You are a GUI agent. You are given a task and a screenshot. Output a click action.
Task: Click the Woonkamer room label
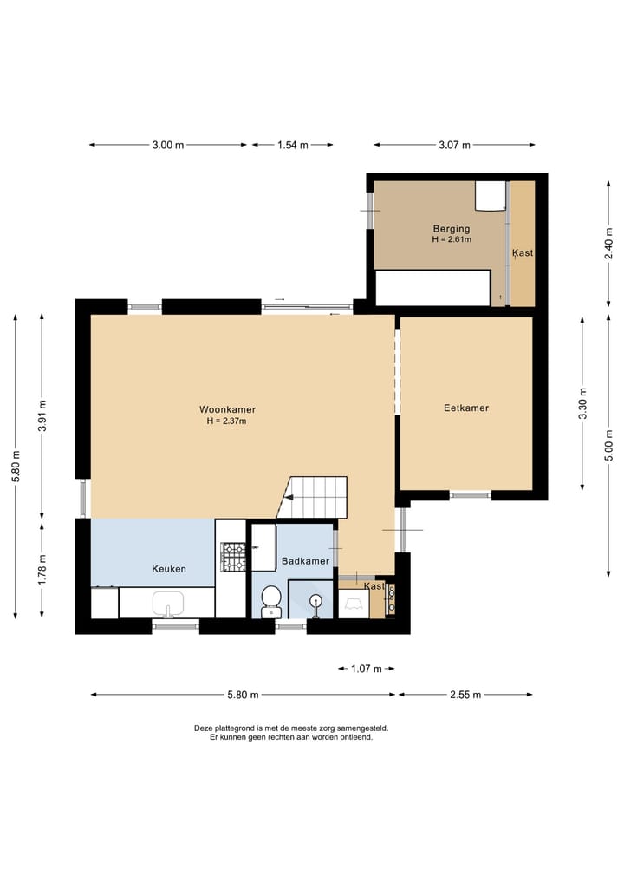(x=227, y=409)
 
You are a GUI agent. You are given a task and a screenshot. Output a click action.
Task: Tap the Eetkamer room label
(x=466, y=408)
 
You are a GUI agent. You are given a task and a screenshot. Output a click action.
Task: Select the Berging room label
(x=452, y=229)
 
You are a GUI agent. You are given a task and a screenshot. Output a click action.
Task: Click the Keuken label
(x=169, y=569)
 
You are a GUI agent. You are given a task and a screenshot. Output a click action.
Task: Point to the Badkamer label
(x=305, y=561)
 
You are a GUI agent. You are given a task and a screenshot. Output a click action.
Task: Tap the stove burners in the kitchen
(x=234, y=557)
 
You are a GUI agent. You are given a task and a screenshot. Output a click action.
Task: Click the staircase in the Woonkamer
(x=317, y=497)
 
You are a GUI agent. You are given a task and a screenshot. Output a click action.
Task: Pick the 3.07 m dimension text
(x=454, y=145)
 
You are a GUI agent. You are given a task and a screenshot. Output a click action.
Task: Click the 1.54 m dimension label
(x=293, y=145)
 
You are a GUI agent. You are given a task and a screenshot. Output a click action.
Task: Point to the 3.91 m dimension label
(x=42, y=414)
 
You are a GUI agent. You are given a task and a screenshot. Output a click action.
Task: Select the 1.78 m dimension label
(x=42, y=569)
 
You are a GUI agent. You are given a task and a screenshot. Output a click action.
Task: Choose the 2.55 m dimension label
(x=465, y=695)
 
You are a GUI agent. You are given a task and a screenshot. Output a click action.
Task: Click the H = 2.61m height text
(x=452, y=239)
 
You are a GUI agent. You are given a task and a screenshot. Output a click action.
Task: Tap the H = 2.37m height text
(x=227, y=421)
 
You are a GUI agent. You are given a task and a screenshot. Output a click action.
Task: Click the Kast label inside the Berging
(x=523, y=253)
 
